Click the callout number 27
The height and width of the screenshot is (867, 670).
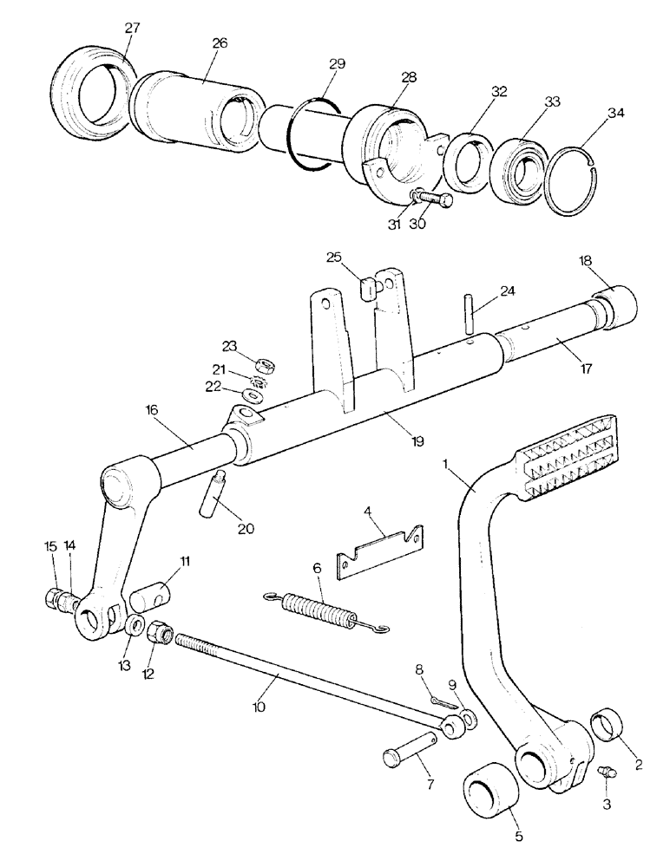[x=131, y=29]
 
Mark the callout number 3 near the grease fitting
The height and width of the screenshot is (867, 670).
[x=605, y=804]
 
